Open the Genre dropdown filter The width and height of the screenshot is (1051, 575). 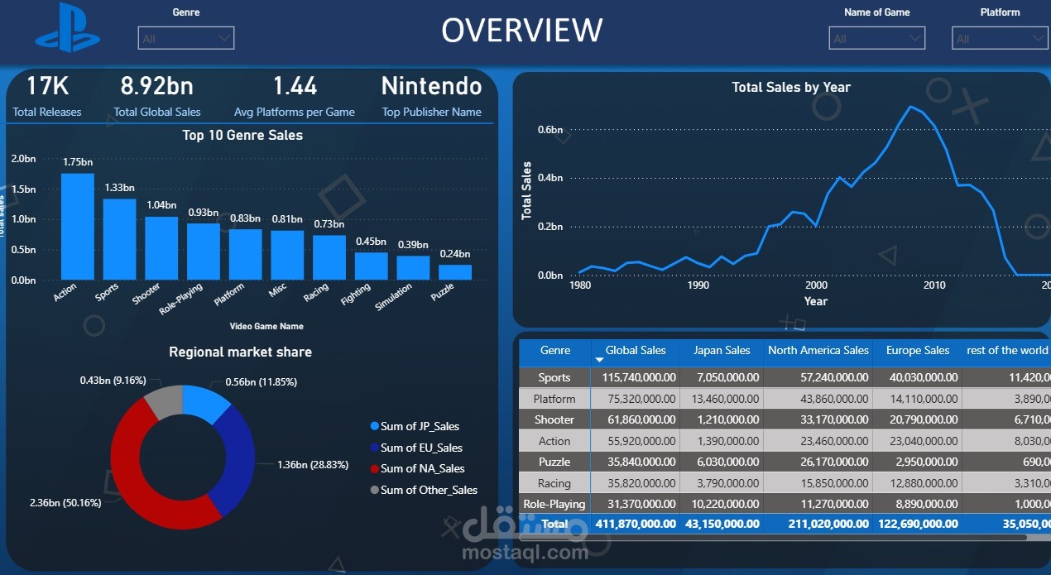pos(186,38)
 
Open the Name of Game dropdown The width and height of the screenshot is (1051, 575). pos(876,38)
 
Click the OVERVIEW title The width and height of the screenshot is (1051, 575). pos(521,31)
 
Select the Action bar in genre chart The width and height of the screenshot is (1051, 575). pos(78,226)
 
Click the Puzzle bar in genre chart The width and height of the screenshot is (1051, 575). pos(454,271)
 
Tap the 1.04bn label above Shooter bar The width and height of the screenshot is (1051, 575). pos(161,205)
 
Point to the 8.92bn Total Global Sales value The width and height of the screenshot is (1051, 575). pos(156,86)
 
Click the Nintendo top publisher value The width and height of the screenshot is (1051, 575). pos(431,86)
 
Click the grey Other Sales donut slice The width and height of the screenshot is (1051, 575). pos(163,400)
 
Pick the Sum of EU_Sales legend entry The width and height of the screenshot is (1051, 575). pos(420,448)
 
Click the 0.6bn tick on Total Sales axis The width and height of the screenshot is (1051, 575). pos(550,130)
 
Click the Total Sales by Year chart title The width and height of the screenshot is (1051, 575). pos(790,87)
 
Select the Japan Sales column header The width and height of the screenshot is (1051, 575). pos(722,351)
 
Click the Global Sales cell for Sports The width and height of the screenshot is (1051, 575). pos(636,377)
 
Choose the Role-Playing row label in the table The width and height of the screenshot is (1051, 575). pos(554,504)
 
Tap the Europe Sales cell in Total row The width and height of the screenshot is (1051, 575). pos(918,524)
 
